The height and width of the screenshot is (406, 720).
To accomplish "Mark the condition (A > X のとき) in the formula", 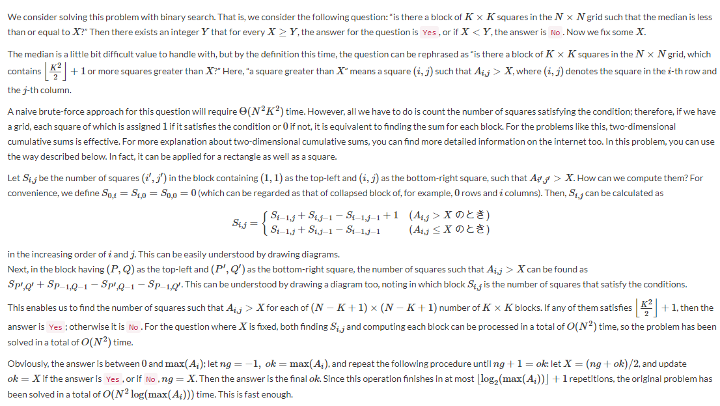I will (x=449, y=215).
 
